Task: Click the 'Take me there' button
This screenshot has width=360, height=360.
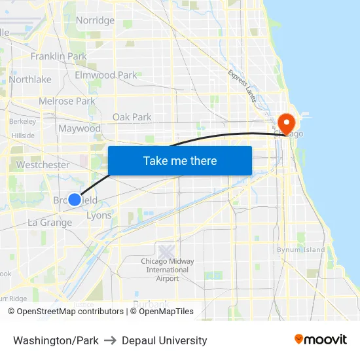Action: click(180, 161)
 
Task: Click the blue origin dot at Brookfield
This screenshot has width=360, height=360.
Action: click(75, 200)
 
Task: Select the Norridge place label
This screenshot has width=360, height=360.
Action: click(95, 20)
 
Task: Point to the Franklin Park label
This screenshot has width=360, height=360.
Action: click(59, 57)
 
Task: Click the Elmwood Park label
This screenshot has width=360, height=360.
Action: click(106, 75)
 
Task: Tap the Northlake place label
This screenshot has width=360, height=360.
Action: click(30, 79)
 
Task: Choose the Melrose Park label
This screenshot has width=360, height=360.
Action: click(67, 101)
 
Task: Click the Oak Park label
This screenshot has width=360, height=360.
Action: click(132, 117)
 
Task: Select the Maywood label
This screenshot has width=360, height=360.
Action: click(80, 128)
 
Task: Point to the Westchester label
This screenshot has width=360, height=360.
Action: click(43, 165)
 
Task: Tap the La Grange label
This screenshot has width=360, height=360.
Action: click(50, 223)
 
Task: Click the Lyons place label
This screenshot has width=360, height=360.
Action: click(99, 215)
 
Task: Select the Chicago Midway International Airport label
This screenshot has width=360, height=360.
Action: click(168, 270)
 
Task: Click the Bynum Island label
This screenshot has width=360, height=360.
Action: click(301, 249)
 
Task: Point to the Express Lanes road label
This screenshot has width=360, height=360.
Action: click(243, 85)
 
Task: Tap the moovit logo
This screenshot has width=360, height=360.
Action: click(321, 340)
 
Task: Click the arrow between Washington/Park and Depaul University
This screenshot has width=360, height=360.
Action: click(110, 340)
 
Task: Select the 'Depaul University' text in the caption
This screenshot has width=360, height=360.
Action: click(164, 340)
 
